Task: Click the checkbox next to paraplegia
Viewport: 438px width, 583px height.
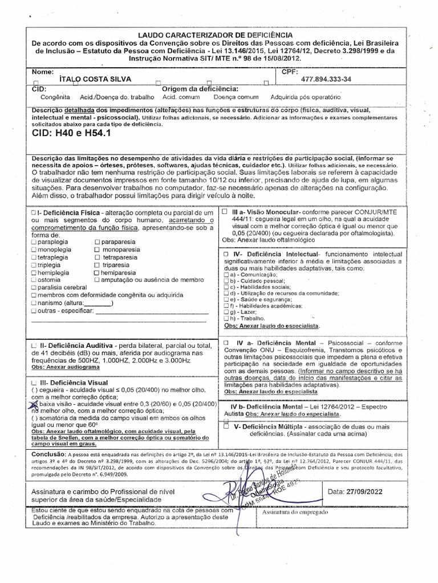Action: (x=34, y=242)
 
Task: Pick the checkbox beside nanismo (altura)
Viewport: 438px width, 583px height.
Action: (x=34, y=303)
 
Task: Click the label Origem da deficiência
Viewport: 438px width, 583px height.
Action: (x=200, y=89)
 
